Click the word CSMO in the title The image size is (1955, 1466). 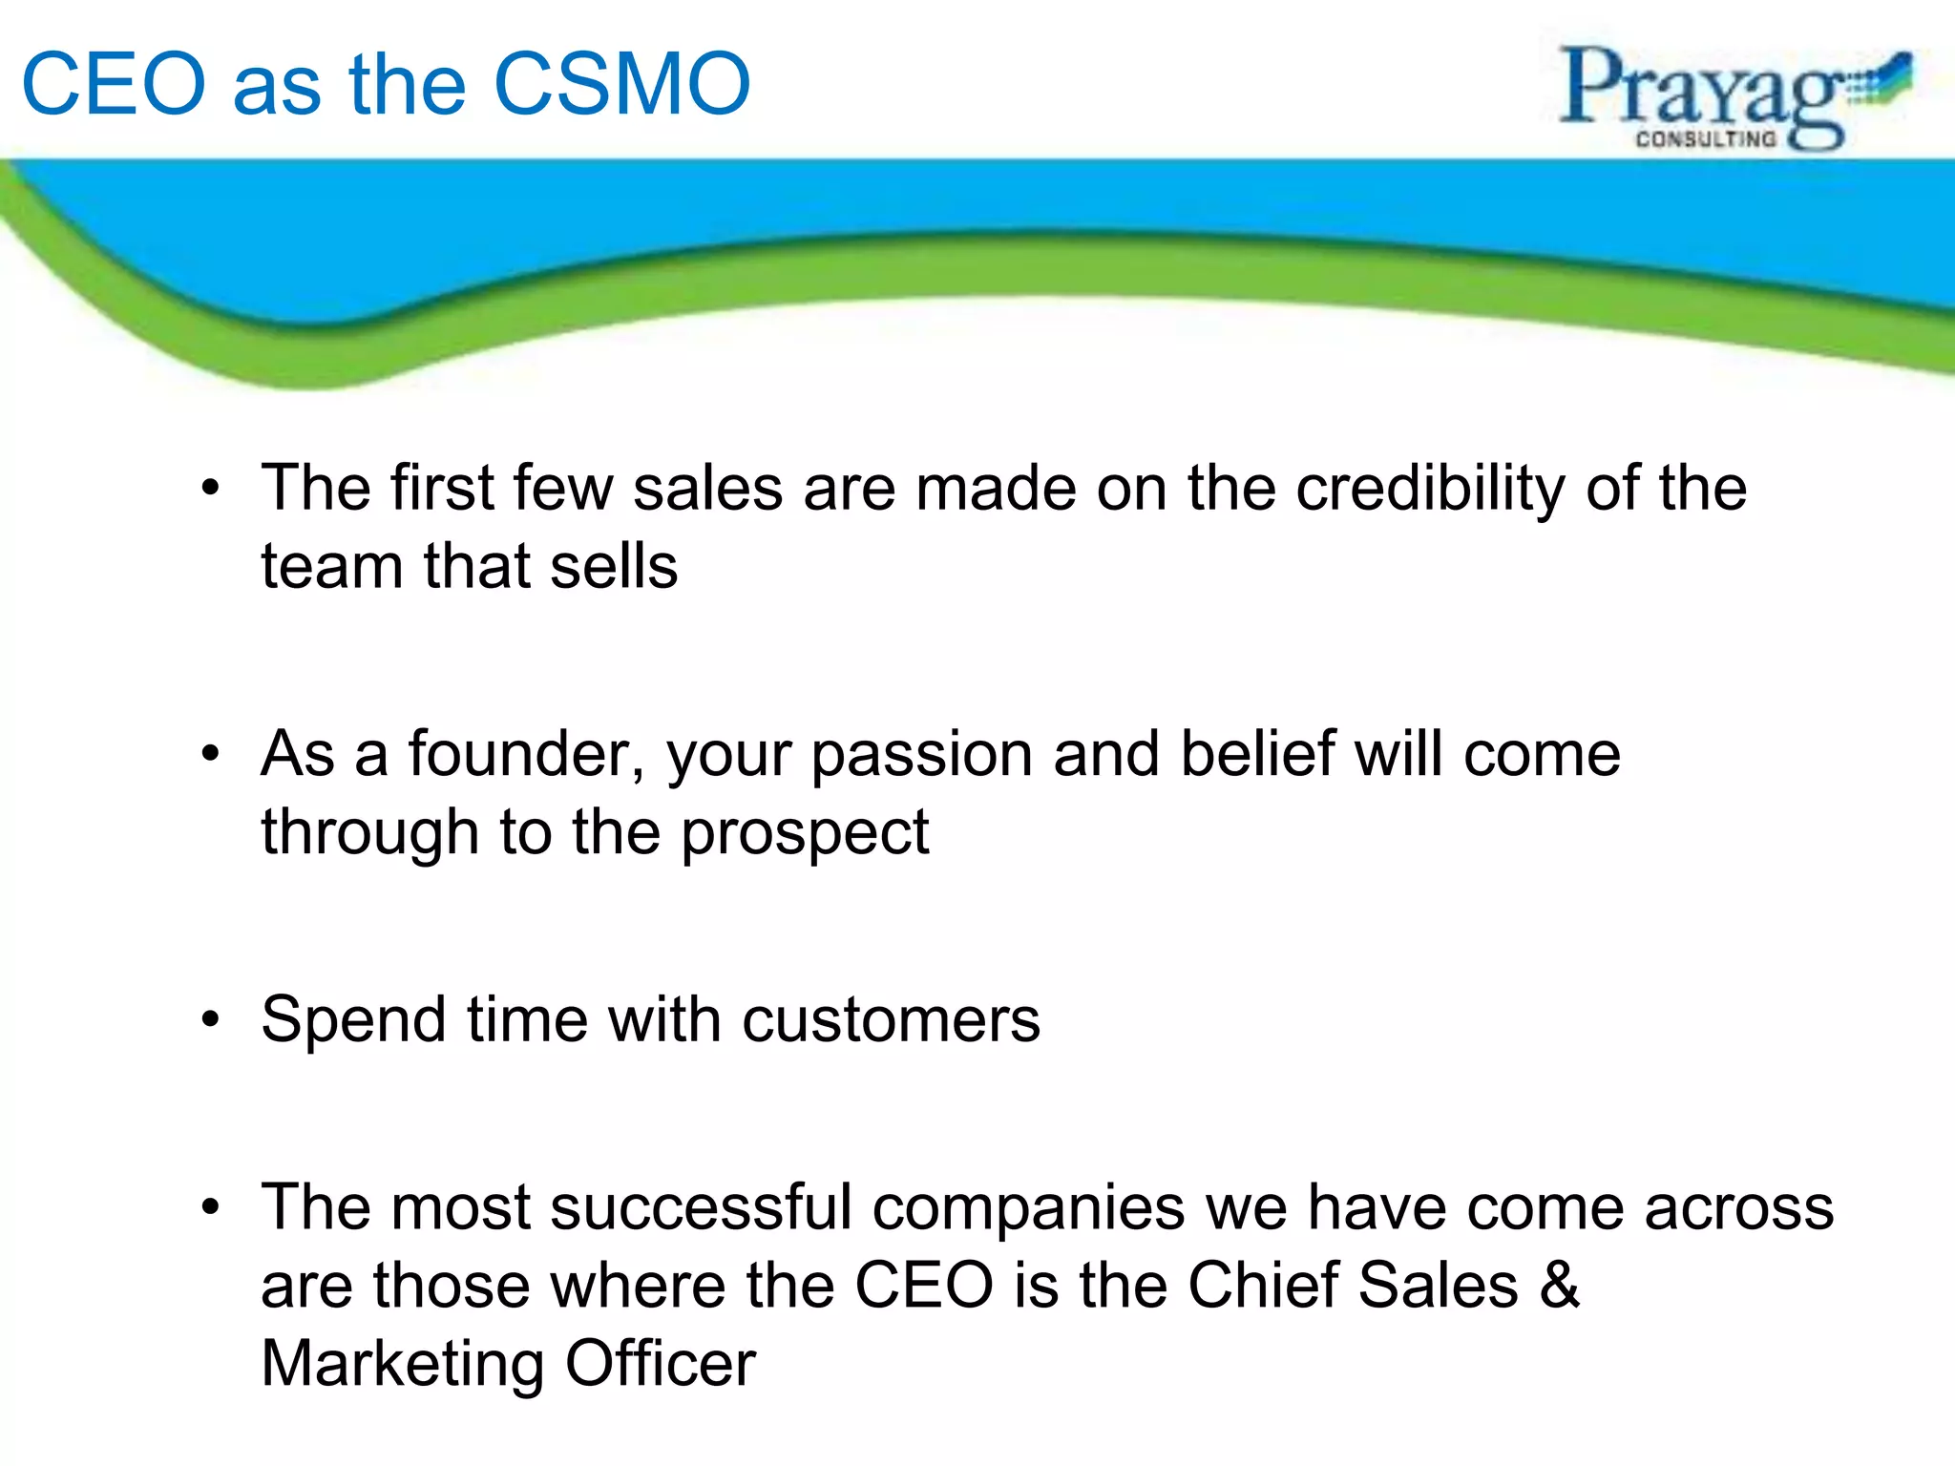(x=622, y=85)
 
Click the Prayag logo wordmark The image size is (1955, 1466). (x=1704, y=91)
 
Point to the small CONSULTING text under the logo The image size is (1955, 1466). (x=1706, y=139)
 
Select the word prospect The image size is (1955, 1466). (x=805, y=834)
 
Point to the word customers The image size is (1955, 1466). (x=891, y=1020)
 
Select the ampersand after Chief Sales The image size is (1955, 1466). (x=1559, y=1285)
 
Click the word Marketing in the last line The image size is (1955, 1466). (x=402, y=1364)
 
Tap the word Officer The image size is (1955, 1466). (x=661, y=1363)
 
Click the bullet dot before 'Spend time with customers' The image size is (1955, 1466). (x=211, y=1020)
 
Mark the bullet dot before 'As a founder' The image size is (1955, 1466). (x=211, y=755)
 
